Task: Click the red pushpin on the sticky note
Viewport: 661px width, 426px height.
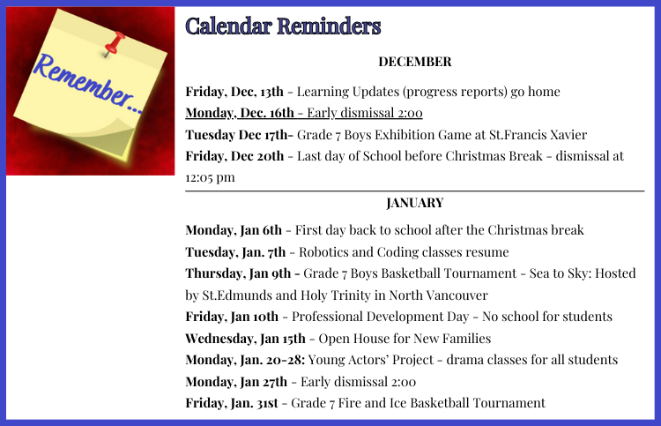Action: [x=115, y=43]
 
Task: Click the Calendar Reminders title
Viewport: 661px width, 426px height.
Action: [x=283, y=26]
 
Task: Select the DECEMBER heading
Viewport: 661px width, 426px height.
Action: [x=415, y=62]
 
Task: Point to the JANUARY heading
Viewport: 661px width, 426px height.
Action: [x=415, y=203]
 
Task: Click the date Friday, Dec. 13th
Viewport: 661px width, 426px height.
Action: [x=234, y=92]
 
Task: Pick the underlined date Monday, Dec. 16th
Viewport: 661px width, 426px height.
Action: [x=240, y=113]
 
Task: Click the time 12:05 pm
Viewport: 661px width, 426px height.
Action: [x=210, y=177]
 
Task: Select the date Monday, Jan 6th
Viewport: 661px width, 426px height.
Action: [x=234, y=230]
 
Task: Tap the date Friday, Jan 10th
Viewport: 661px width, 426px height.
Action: [x=232, y=317]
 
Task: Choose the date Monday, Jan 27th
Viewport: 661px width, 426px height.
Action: [x=236, y=382]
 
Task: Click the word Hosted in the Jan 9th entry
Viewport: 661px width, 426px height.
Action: [x=615, y=273]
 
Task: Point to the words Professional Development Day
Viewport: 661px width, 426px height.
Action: [x=380, y=317]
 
